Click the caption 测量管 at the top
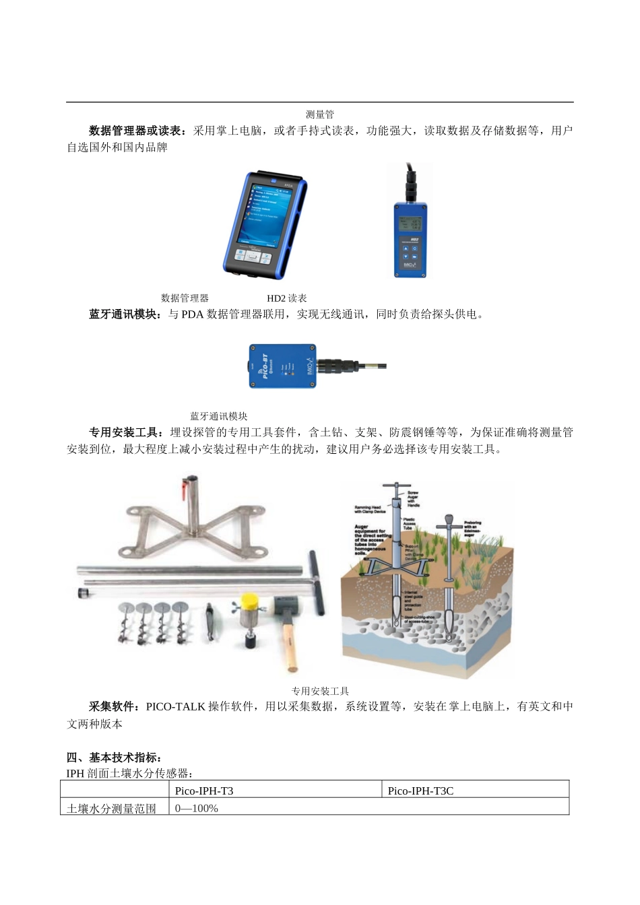[x=319, y=114]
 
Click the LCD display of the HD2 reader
[x=410, y=224]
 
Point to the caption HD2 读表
[x=286, y=298]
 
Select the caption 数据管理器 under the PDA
[x=185, y=298]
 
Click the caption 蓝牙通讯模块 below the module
[x=218, y=417]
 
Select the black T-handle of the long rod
[x=317, y=582]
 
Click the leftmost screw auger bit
[x=127, y=623]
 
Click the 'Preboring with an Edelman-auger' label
[x=472, y=529]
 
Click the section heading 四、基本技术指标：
[x=114, y=758]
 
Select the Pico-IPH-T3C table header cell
[x=420, y=791]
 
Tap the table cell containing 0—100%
[x=197, y=808]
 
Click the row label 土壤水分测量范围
[x=112, y=808]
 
